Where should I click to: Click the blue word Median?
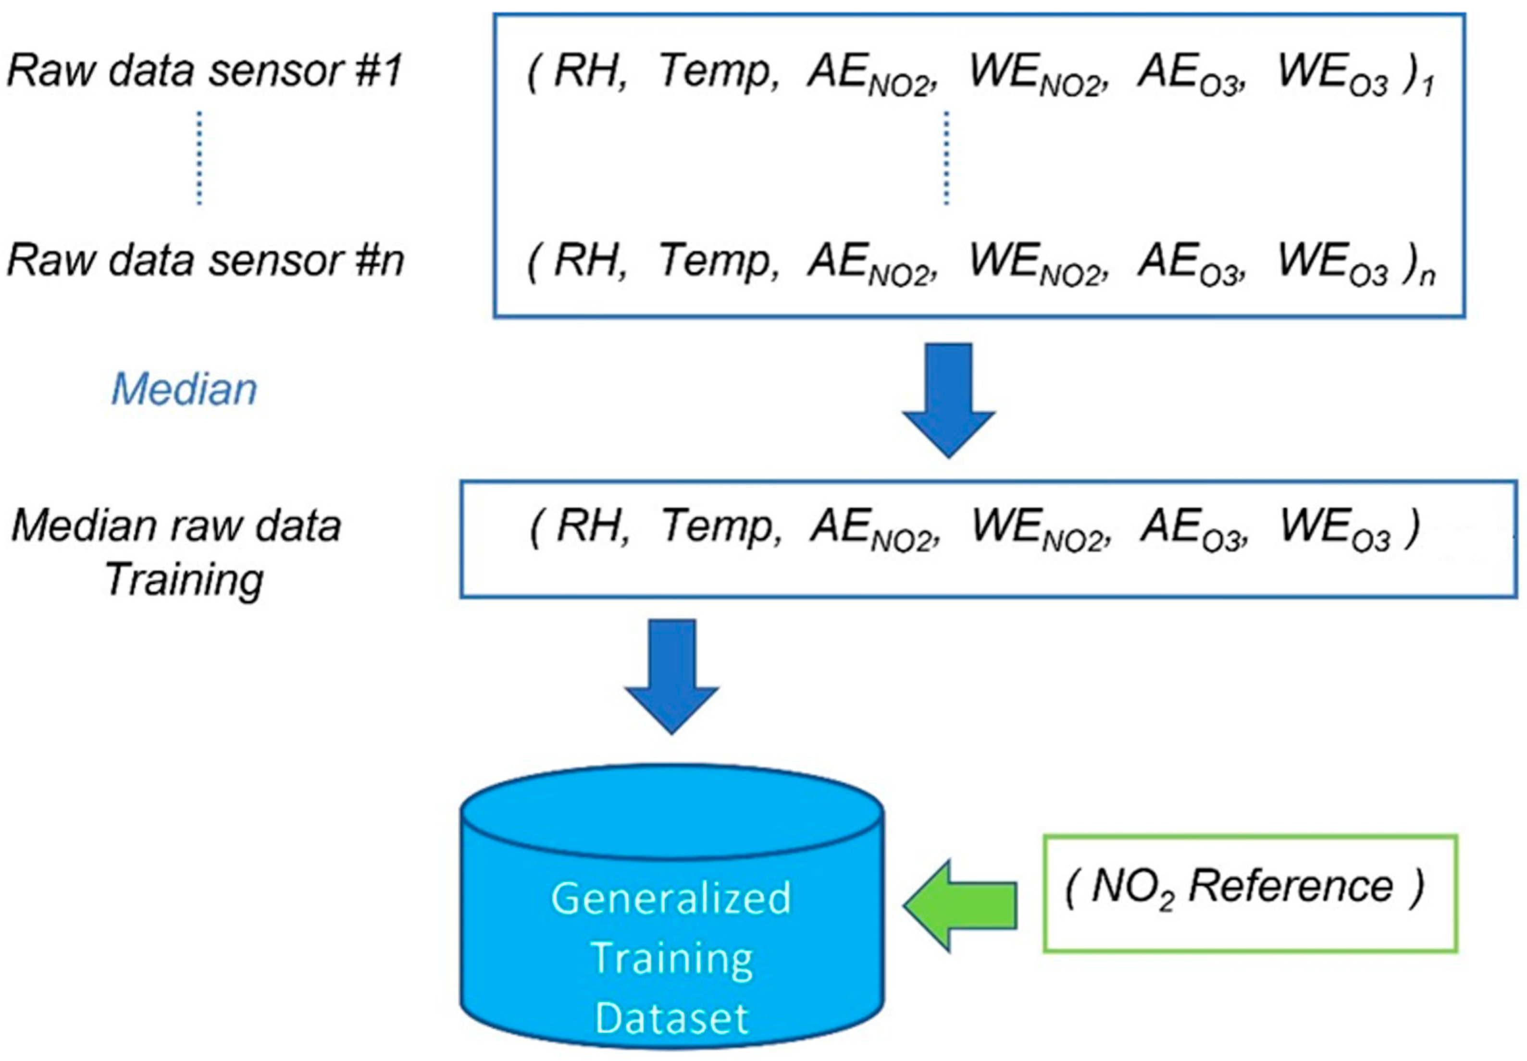point(184,389)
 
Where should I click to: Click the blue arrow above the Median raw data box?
point(948,399)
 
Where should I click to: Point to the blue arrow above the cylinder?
point(672,675)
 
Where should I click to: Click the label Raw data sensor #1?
point(205,71)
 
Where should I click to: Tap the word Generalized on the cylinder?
point(672,898)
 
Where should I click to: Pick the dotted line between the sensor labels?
point(199,158)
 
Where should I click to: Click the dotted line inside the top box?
point(946,158)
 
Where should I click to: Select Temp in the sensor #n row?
point(717,261)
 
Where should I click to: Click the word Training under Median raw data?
point(184,580)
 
